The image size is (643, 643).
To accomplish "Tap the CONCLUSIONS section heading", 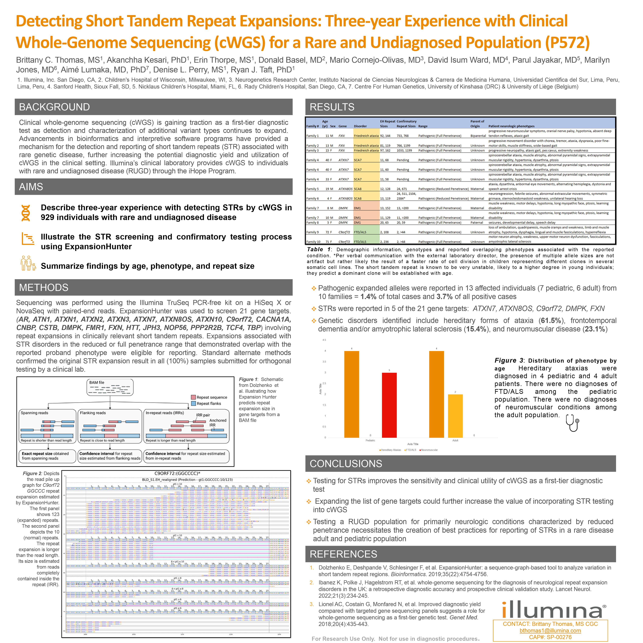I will [x=346, y=464].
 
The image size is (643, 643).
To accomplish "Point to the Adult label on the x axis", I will [x=455, y=440].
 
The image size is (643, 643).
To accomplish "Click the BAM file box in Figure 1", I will [x=110, y=387].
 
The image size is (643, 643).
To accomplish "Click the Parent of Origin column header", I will [x=477, y=124].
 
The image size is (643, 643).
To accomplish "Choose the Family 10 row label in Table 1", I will [x=313, y=242].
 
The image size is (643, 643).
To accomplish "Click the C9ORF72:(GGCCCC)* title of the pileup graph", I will [x=177, y=473].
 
